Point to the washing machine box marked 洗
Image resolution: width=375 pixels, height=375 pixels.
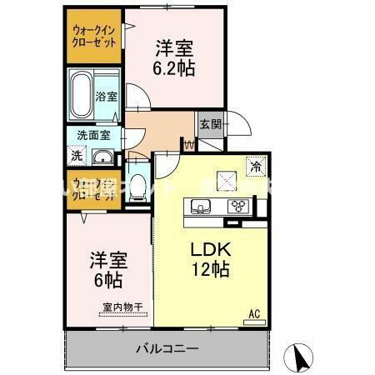click(x=76, y=155)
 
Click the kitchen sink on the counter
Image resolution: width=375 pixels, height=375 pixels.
click(x=202, y=207)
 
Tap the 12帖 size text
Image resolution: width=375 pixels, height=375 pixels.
click(x=212, y=270)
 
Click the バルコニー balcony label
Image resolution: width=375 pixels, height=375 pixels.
click(x=167, y=347)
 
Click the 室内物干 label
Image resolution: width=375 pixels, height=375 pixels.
click(x=122, y=307)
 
